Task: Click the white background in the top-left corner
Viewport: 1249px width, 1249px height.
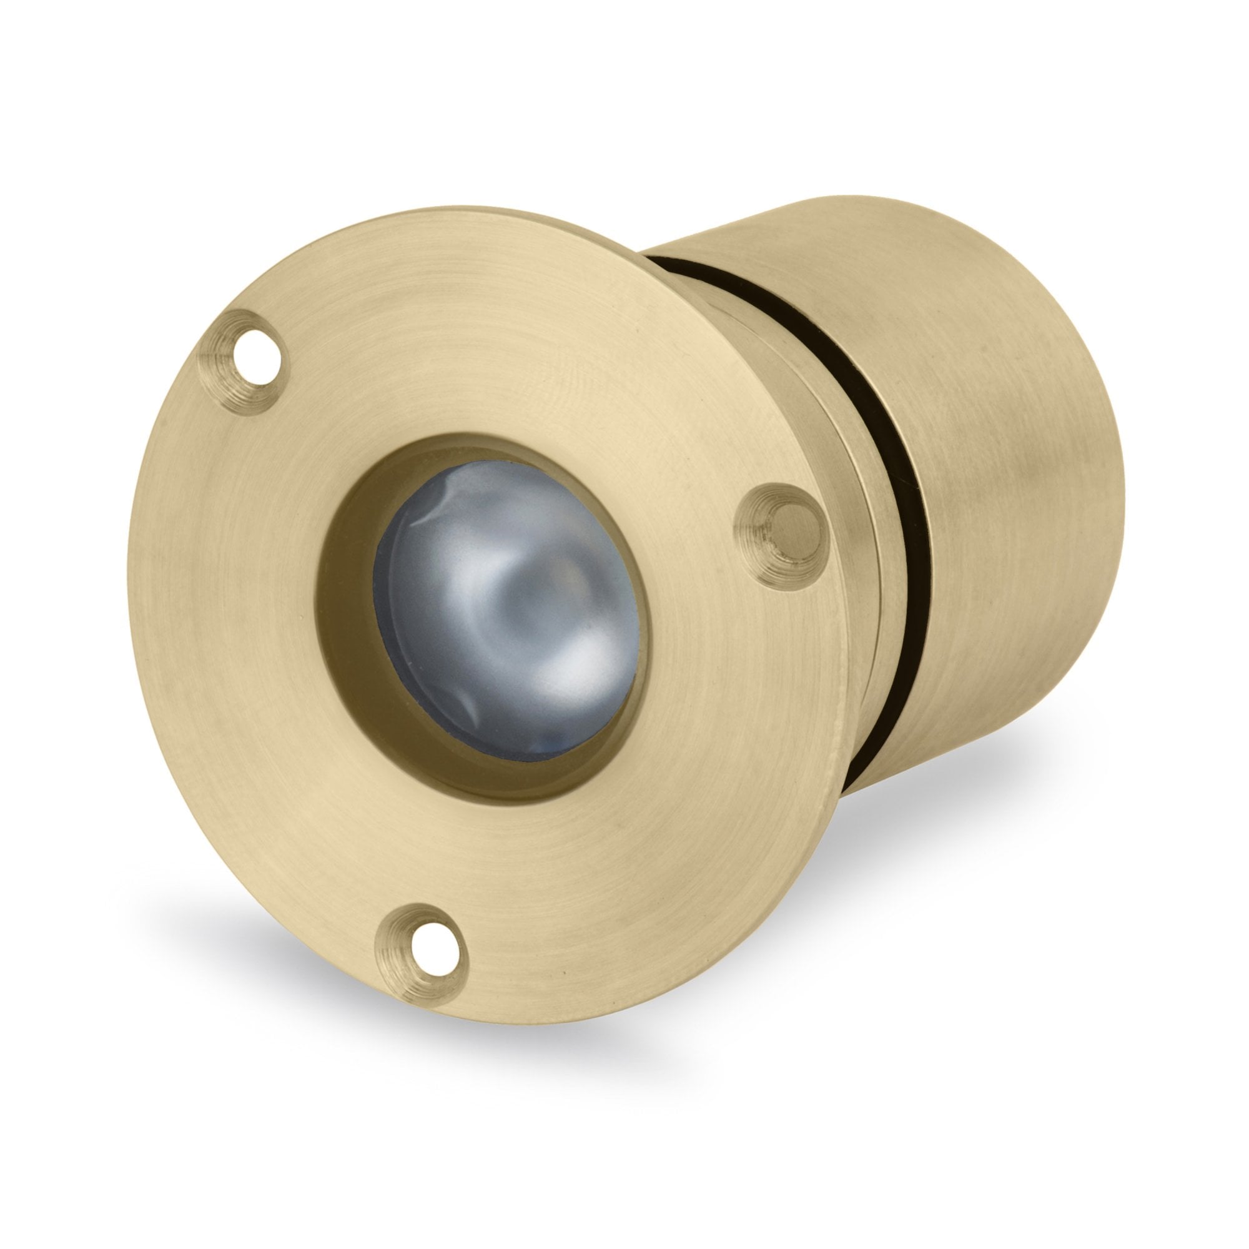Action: (x=52, y=52)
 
